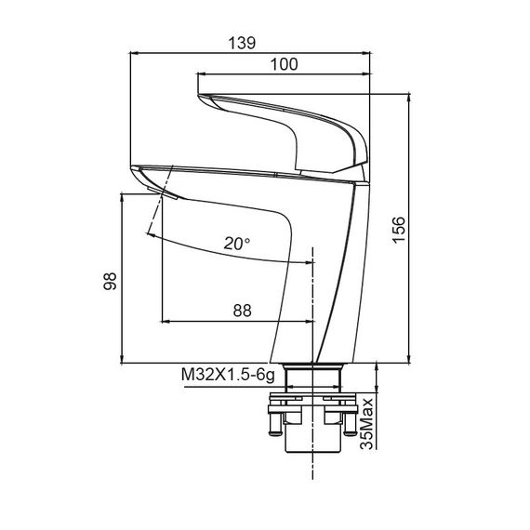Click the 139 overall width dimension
point(242,44)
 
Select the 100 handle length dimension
point(285,64)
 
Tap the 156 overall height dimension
point(399,230)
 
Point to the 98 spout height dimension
point(110,281)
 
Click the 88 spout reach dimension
point(243,311)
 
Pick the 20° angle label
point(237,244)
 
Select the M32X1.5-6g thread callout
point(228,376)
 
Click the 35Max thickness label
point(367,424)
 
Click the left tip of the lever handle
point(198,96)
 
